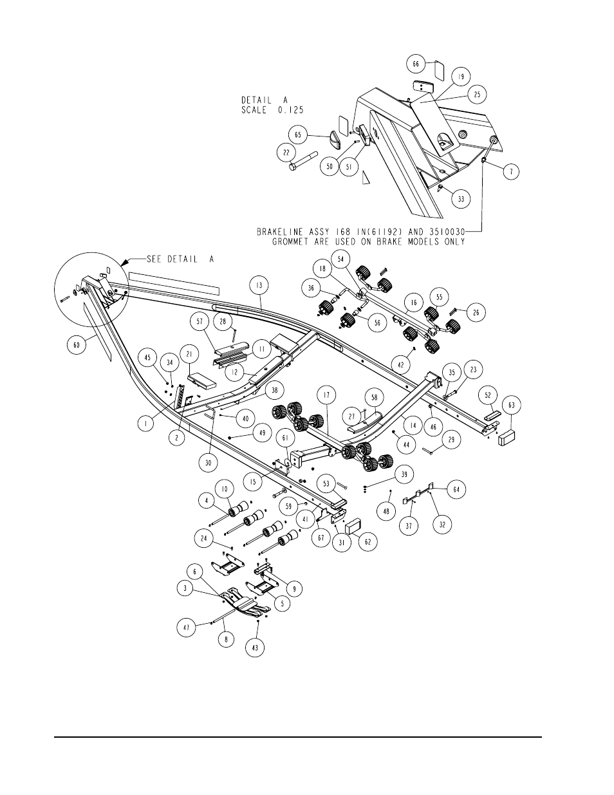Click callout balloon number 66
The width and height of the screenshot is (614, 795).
416,64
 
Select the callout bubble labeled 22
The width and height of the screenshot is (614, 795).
286,153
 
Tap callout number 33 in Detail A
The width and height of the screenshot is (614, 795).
461,199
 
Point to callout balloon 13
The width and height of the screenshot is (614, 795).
259,285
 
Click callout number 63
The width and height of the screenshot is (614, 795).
511,405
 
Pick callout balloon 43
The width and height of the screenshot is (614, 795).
255,648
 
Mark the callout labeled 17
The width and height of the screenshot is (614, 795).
326,395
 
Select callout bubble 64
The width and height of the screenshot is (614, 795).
456,489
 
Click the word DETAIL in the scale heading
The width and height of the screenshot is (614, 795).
256,100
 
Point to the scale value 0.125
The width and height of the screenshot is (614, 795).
291,110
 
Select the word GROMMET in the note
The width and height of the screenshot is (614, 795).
295,242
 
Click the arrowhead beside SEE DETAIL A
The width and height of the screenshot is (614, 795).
126,262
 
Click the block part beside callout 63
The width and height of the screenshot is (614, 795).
506,438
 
